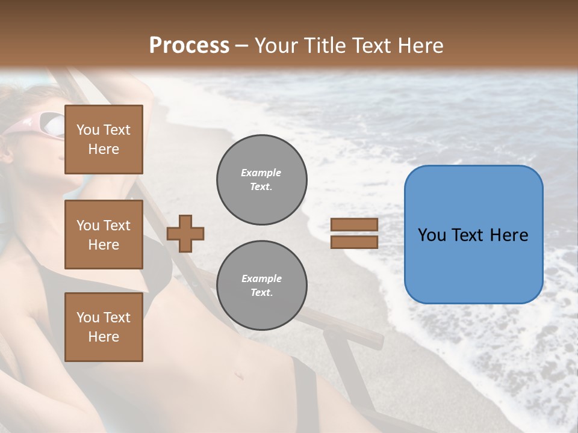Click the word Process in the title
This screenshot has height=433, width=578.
tap(189, 46)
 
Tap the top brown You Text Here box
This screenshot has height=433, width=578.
tap(104, 140)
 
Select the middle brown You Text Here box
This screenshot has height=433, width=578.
tap(104, 235)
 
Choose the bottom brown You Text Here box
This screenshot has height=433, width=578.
tap(104, 327)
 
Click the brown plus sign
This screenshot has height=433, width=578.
tap(185, 233)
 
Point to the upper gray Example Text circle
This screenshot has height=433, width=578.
tap(262, 180)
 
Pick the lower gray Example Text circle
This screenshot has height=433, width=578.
tap(262, 286)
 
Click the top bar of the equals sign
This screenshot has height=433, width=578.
tap(354, 225)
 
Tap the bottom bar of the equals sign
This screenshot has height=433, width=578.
tap(354, 242)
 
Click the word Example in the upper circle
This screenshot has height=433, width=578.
tap(261, 173)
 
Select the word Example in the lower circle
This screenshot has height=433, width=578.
tap(261, 278)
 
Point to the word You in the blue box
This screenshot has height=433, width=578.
tap(432, 235)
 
